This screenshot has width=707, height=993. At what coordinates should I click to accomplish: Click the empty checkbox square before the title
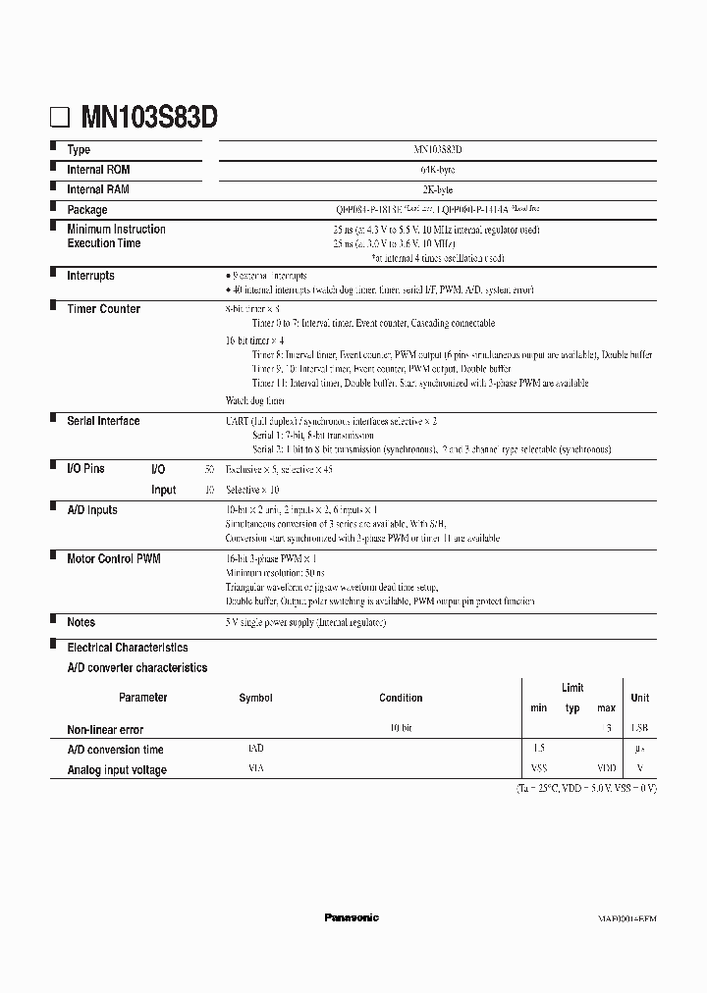tap(62, 120)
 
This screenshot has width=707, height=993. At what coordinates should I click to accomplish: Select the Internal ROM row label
tap(98, 170)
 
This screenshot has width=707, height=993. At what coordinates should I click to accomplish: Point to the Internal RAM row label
tap(98, 189)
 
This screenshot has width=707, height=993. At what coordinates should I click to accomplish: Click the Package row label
tap(87, 210)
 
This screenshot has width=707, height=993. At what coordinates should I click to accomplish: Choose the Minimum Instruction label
tap(116, 230)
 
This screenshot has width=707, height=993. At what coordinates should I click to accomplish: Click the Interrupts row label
tap(90, 277)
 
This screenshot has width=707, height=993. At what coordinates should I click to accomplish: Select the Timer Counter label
tap(103, 309)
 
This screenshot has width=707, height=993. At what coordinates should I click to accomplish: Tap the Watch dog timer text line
tap(255, 400)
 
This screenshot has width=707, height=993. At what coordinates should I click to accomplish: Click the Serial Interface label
tap(103, 421)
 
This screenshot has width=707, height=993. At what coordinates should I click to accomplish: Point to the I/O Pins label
tap(85, 470)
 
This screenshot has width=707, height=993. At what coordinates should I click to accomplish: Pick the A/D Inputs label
tap(92, 510)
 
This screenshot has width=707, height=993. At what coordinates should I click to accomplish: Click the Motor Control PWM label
tap(114, 558)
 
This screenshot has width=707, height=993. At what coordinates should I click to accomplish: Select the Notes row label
tap(81, 622)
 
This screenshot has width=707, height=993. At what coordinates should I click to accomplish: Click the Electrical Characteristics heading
tap(128, 648)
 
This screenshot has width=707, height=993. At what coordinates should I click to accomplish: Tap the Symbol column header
tap(255, 699)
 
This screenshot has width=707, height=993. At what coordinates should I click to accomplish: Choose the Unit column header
tap(639, 699)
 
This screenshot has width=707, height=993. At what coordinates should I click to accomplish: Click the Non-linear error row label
tap(105, 730)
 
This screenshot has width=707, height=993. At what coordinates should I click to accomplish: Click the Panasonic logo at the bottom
tap(352, 917)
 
